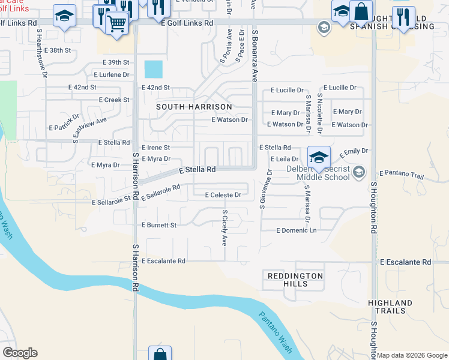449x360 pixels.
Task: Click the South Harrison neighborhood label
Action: tap(194, 107)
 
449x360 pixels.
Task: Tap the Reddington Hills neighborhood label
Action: tap(294, 280)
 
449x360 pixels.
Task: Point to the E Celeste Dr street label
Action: tap(223, 195)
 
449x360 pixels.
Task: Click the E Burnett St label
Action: tap(158, 225)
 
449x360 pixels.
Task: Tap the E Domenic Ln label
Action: tap(296, 230)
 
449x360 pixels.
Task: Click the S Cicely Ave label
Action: tap(225, 228)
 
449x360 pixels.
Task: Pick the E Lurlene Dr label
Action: tap(111, 75)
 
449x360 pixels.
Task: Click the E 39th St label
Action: tap(116, 62)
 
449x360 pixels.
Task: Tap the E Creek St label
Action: tap(113, 100)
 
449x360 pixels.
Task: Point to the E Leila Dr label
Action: tap(285, 159)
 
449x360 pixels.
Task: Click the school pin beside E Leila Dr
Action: tap(319, 157)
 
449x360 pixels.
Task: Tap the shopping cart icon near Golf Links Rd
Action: tap(117, 23)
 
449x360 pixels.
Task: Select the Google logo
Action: tap(20, 353)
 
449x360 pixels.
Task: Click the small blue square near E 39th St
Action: tap(153, 69)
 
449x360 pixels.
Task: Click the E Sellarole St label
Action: tap(112, 203)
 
